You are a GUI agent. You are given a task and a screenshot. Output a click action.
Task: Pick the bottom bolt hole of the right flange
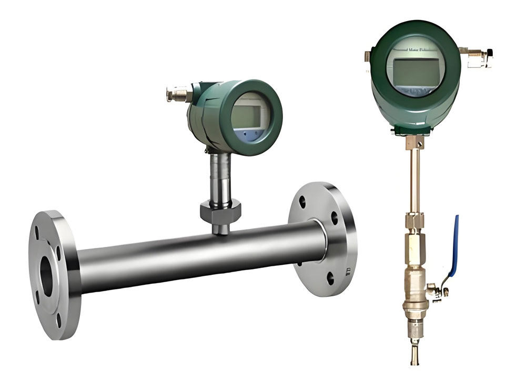[330, 277]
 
